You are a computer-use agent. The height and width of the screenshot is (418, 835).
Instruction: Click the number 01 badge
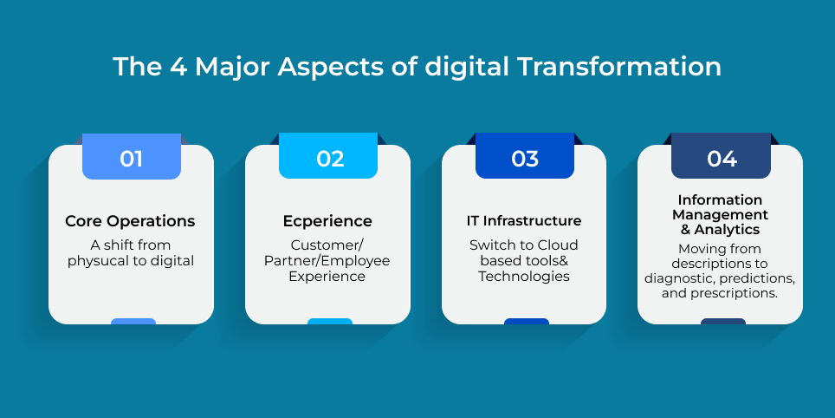click(x=132, y=159)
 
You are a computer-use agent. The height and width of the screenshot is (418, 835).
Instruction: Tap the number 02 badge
click(x=329, y=159)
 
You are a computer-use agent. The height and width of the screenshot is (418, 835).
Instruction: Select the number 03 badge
click(x=525, y=159)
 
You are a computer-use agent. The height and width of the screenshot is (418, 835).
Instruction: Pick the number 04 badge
click(x=722, y=159)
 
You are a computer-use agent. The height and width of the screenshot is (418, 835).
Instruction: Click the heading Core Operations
click(x=131, y=221)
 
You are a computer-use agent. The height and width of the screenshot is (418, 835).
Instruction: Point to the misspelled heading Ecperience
click(x=327, y=221)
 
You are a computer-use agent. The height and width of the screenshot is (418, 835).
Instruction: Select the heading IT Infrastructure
click(x=524, y=221)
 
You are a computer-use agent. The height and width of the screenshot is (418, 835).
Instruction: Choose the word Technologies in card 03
click(x=524, y=277)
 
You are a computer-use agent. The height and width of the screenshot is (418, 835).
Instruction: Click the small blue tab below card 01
click(x=133, y=322)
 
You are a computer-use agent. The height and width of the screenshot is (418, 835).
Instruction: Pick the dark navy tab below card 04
click(x=722, y=322)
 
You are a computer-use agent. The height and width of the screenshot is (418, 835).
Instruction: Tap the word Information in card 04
click(x=720, y=200)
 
